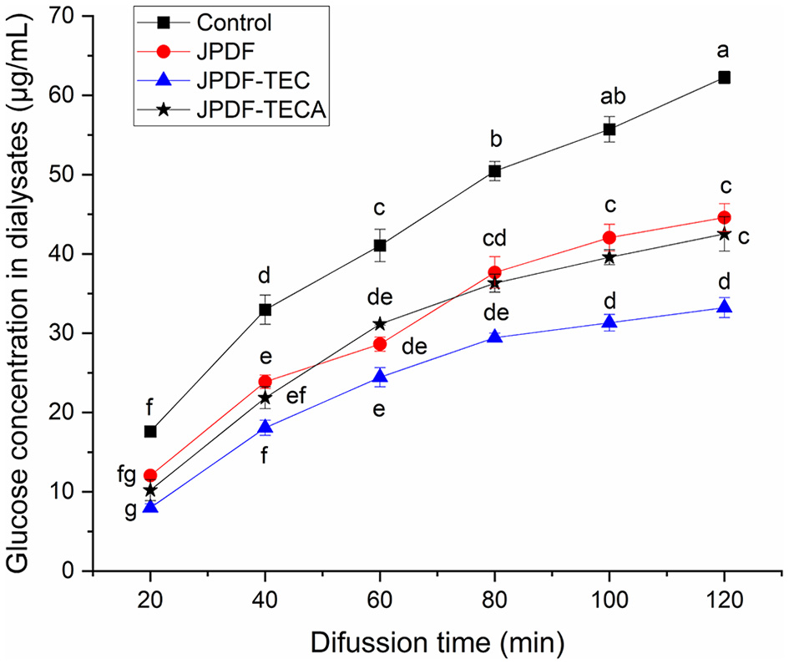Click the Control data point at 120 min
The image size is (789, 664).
[x=724, y=78]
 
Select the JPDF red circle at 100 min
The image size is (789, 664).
[x=609, y=237]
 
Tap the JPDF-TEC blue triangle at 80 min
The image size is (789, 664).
[x=494, y=337]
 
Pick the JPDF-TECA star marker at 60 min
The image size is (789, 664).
[x=380, y=324]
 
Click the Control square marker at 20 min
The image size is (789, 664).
[x=150, y=431]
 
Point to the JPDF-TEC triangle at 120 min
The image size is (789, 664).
[x=724, y=307]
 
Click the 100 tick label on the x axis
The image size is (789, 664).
[x=609, y=599]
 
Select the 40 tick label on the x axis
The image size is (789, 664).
[x=265, y=599]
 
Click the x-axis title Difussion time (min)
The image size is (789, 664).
[x=437, y=641]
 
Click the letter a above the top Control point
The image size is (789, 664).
[x=724, y=51]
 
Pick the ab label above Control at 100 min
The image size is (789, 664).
[x=609, y=97]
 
